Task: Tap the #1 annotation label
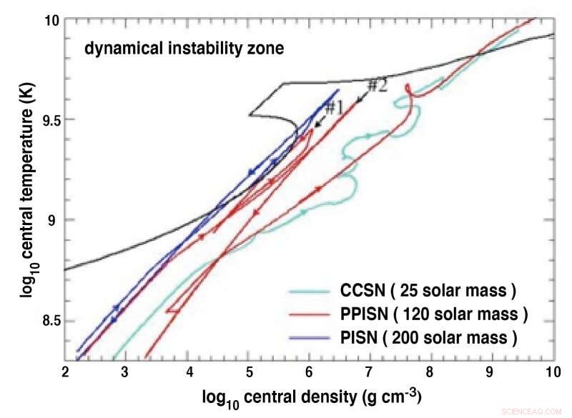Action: pyautogui.click(x=334, y=107)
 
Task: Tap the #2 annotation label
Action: pyautogui.click(x=377, y=86)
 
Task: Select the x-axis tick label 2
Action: pyautogui.click(x=65, y=372)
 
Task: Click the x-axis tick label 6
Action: pyautogui.click(x=309, y=372)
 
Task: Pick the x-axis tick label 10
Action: pyautogui.click(x=551, y=372)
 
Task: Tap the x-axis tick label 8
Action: pyautogui.click(x=430, y=372)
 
